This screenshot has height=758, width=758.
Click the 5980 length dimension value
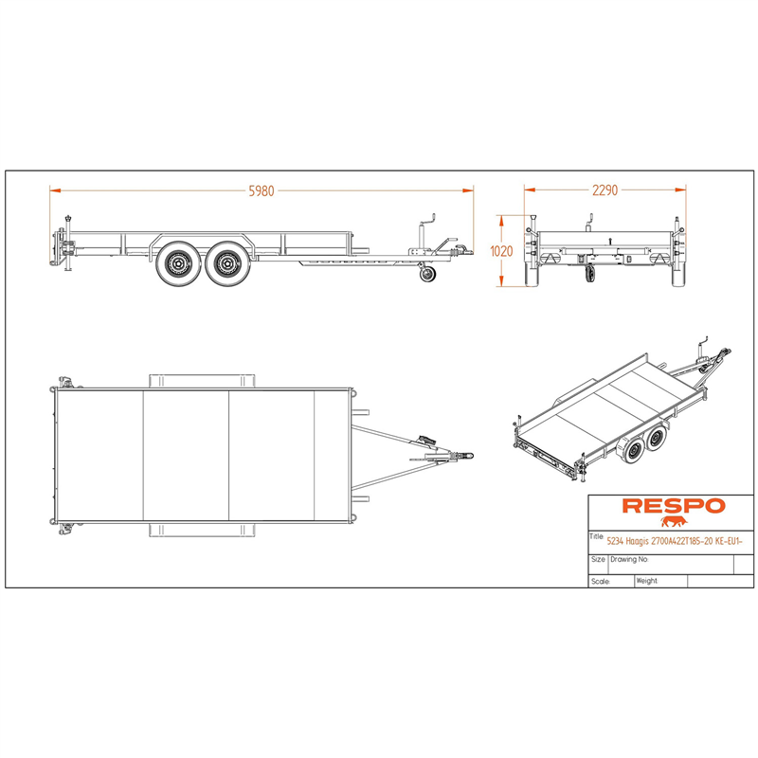tap(262, 191)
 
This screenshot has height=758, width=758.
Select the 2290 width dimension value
tap(605, 190)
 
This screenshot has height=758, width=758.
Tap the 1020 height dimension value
tap(501, 251)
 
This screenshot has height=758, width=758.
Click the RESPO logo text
tap(674, 506)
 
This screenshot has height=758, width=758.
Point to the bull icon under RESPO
tap(674, 522)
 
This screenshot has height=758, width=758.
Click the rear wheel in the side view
tap(178, 264)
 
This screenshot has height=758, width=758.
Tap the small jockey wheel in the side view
tap(427, 274)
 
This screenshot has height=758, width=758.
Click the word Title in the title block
tap(596, 536)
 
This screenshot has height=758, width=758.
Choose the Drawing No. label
tap(629, 559)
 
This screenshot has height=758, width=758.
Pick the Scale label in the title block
tap(601, 582)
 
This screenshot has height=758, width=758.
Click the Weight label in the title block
tap(647, 581)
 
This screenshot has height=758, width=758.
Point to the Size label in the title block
tap(598, 559)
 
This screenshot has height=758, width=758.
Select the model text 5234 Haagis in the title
tap(627, 541)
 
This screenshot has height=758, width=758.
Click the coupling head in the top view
tap(466, 456)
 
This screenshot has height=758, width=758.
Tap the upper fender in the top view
tap(202, 381)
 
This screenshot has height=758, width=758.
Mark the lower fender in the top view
tap(202, 531)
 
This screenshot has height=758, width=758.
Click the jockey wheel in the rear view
tap(589, 274)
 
